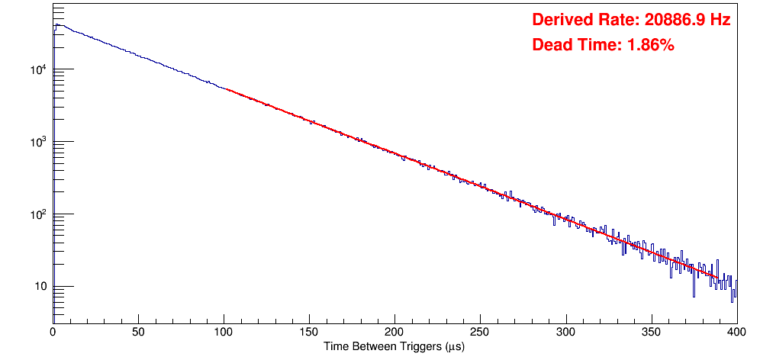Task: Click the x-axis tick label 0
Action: pos(53,332)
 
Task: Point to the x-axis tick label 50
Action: pos(138,332)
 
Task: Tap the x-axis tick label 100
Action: pos(224,332)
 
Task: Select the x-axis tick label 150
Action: pos(309,332)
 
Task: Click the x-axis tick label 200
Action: pos(394,332)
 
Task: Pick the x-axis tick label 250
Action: pos(480,332)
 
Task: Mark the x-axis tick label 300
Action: pos(565,332)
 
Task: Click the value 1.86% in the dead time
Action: pos(650,45)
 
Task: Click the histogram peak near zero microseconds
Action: pos(56,24)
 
